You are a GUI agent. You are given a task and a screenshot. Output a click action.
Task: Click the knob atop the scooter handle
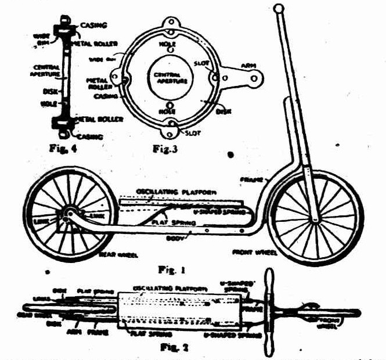click(279, 9)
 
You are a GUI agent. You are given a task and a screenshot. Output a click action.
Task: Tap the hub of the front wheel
click(315, 219)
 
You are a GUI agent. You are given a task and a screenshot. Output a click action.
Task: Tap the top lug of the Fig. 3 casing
click(172, 23)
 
